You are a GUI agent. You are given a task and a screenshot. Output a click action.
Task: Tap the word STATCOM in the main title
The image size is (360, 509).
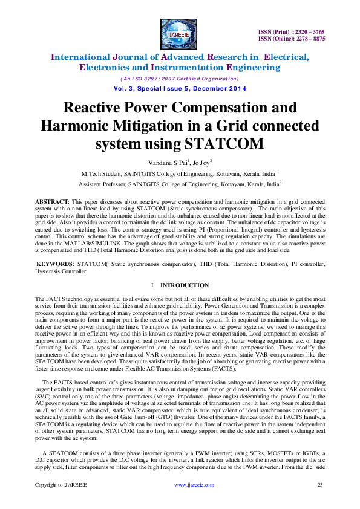click(232, 145)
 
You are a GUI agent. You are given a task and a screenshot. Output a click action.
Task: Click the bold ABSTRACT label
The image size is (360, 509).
click(51, 199)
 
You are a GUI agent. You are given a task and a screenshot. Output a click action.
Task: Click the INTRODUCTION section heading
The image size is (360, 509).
click(184, 285)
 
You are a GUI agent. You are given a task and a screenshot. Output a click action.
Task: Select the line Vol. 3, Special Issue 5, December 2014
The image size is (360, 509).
click(180, 89)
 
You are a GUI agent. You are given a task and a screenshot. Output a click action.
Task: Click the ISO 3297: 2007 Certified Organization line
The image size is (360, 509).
click(180, 79)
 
